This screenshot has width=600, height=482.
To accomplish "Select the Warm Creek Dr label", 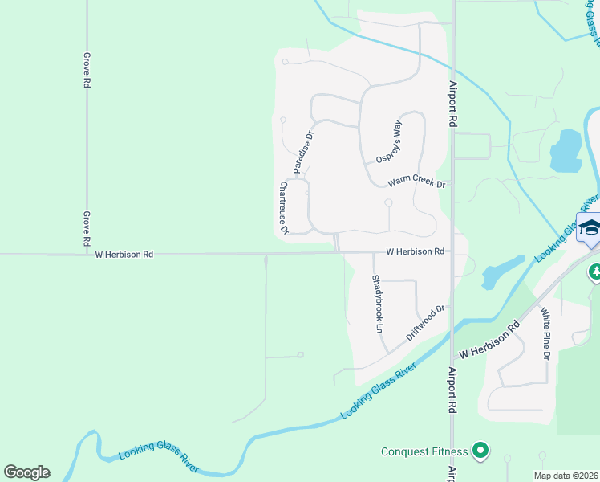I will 416,182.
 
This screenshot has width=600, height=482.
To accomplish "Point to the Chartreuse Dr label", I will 283,207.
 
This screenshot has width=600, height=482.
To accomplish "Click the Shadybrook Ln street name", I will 376,304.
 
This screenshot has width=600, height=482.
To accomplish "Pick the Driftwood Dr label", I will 425,322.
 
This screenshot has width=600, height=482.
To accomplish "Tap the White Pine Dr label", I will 545,333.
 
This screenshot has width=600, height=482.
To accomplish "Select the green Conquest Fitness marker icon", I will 481,451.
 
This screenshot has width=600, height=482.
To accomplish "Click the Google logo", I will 26,472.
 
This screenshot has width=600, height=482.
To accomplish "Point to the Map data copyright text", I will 566,476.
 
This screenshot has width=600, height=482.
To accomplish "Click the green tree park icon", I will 594,272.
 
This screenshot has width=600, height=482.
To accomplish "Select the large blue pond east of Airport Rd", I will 566,150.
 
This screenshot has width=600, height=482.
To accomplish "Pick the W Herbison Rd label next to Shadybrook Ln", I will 415,251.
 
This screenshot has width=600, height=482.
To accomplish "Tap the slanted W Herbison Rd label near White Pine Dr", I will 489,341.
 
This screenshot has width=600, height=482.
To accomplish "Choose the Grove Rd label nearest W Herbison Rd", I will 86,229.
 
